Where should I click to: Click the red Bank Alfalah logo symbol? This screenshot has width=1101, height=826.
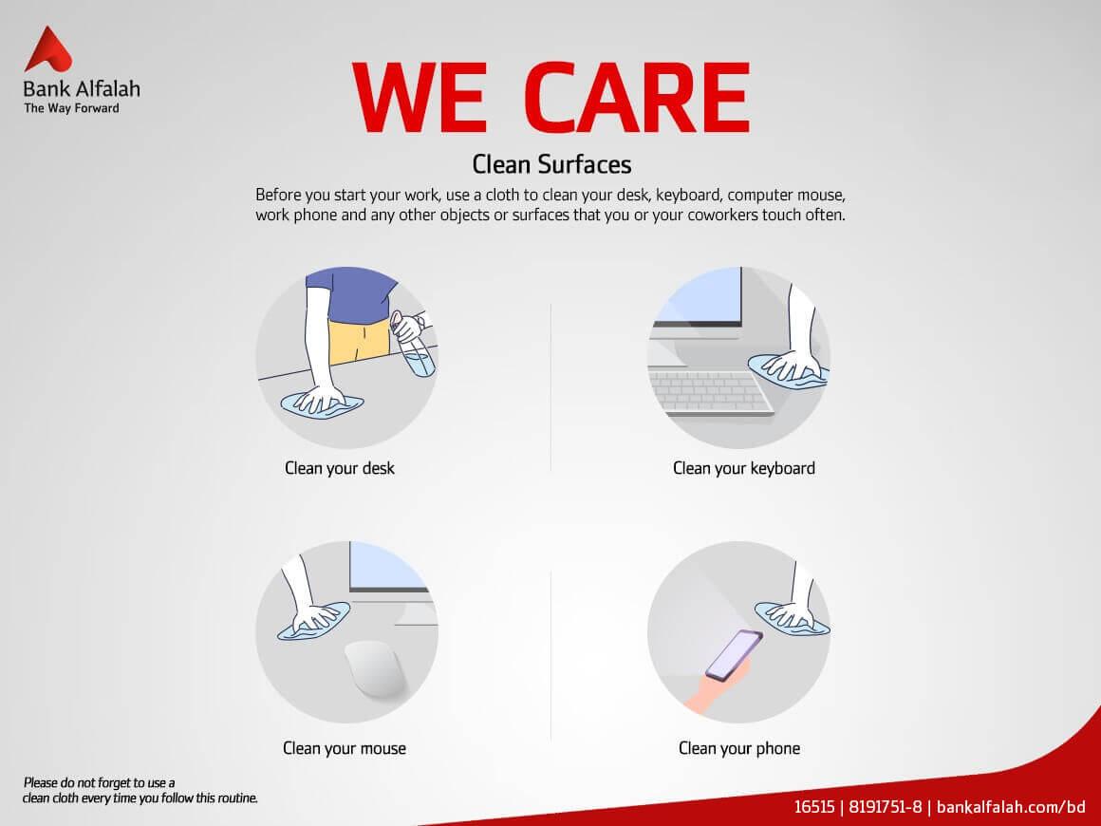coord(47,49)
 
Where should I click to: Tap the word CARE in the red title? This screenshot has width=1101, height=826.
coord(637,98)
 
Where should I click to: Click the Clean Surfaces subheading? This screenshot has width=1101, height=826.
coord(551,164)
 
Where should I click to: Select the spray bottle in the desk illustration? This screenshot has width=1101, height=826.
coord(414,345)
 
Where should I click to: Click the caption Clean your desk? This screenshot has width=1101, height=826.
coord(340,468)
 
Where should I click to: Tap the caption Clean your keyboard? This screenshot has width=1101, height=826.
coord(743,468)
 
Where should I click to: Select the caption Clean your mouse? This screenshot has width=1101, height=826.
coord(344,749)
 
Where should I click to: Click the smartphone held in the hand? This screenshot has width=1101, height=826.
coord(734,655)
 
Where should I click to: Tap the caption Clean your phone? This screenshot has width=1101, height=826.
coord(739,749)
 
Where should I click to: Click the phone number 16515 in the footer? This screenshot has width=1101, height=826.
coord(813,807)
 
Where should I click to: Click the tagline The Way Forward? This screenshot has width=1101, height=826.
coord(71,108)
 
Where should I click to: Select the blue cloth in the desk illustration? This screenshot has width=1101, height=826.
coord(323,405)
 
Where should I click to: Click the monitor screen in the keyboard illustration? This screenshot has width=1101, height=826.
coord(702,295)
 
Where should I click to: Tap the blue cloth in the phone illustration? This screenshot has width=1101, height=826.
coord(792,619)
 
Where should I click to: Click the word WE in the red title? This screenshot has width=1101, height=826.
coord(420,98)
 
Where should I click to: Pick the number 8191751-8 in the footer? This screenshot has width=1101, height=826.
coord(885,807)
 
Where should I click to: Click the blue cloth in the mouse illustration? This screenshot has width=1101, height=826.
coord(314,621)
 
